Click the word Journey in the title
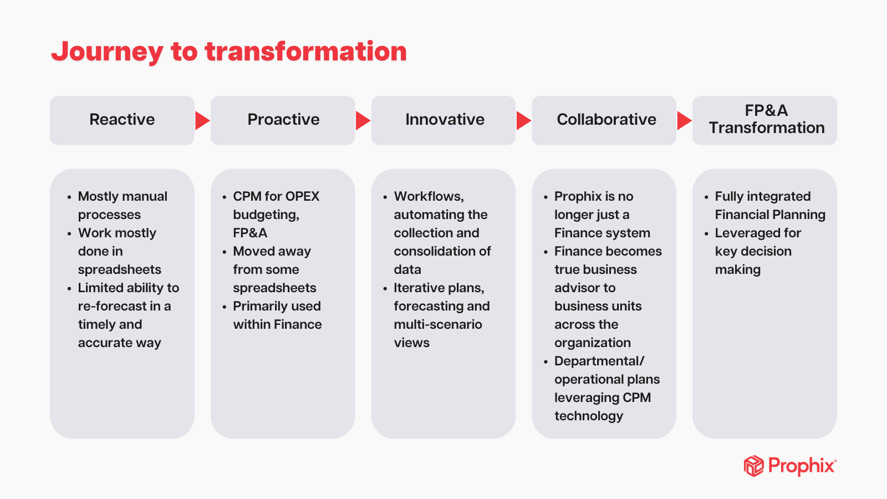pos(107,52)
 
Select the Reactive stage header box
pos(122,120)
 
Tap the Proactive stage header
pos(283,120)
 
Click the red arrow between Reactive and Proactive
pos(202,120)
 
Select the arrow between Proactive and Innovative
pos(363,120)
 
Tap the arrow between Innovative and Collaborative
pos(523,120)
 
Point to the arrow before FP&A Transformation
pos(684,120)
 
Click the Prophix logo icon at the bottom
pos(753,466)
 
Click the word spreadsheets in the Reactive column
pos(119,269)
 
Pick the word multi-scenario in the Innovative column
pos(438,324)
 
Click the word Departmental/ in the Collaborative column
pos(599,361)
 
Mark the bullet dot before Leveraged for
pos(706,234)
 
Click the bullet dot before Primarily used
pos(225,307)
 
